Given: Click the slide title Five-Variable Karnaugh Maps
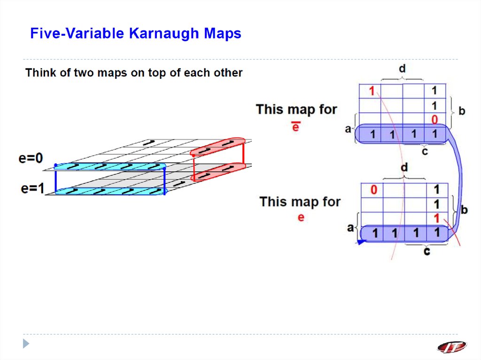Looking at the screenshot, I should (135, 34).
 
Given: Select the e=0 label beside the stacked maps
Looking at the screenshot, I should (31, 159).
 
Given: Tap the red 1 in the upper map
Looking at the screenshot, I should (372, 91).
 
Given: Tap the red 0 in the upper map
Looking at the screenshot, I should (435, 120).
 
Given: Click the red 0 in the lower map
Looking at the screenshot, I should (373, 190).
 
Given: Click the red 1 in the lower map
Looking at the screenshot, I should (437, 218).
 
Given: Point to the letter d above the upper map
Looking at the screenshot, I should (402, 69).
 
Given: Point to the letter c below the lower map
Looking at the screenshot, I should (427, 251).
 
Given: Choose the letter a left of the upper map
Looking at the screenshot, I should (348, 128).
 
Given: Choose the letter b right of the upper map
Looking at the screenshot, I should (462, 111).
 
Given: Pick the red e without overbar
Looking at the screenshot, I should (301, 217).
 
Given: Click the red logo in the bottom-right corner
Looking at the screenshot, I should (452, 347).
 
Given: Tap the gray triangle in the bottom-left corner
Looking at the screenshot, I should (27, 343).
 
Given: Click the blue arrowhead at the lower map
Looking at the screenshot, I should (361, 242).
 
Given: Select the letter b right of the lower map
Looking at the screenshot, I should (464, 210).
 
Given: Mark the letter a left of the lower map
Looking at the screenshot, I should (350, 228).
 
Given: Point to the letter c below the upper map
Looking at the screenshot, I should (425, 152).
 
